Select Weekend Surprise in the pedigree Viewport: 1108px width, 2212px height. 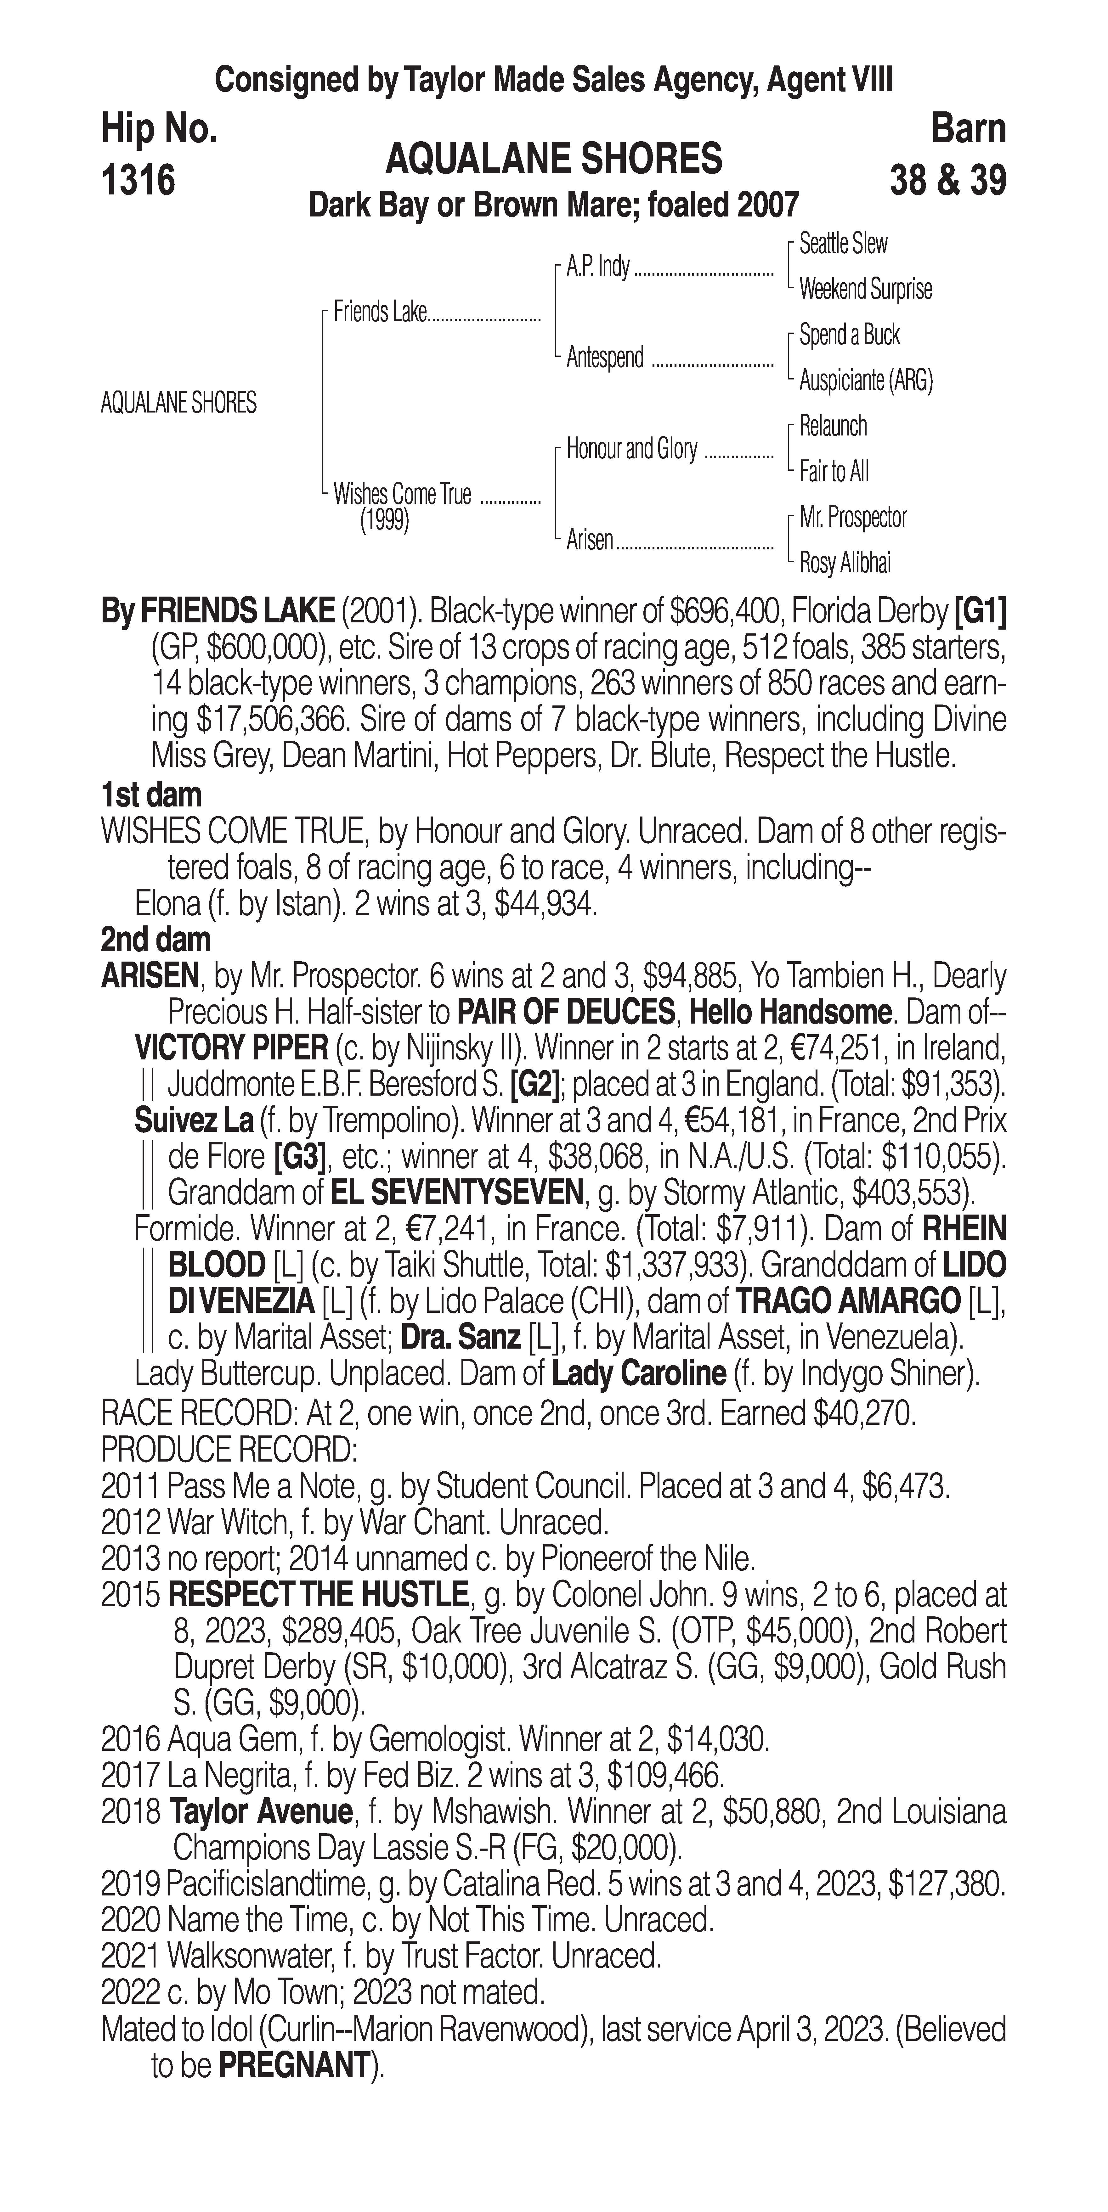click(x=865, y=289)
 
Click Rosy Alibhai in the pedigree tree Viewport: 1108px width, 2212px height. click(x=844, y=563)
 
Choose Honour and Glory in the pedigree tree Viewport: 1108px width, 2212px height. click(x=631, y=449)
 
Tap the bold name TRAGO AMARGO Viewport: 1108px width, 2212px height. click(x=848, y=1302)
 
